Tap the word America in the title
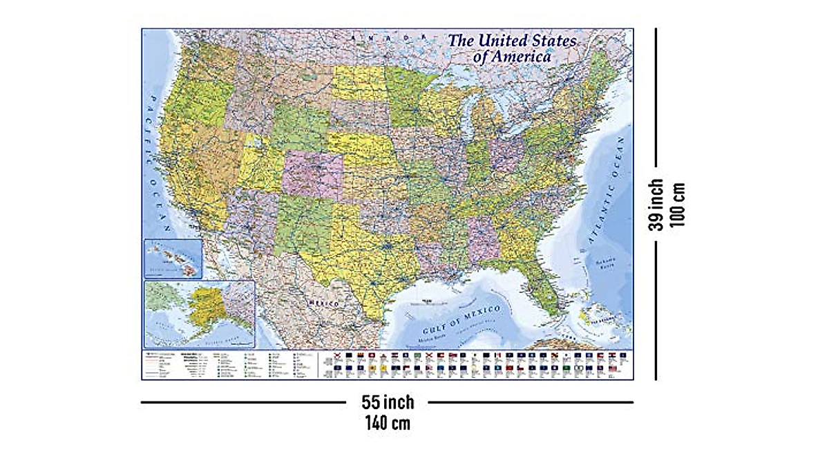522,57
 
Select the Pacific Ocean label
155,166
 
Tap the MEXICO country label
323,304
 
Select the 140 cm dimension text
388,423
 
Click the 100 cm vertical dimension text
679,205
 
